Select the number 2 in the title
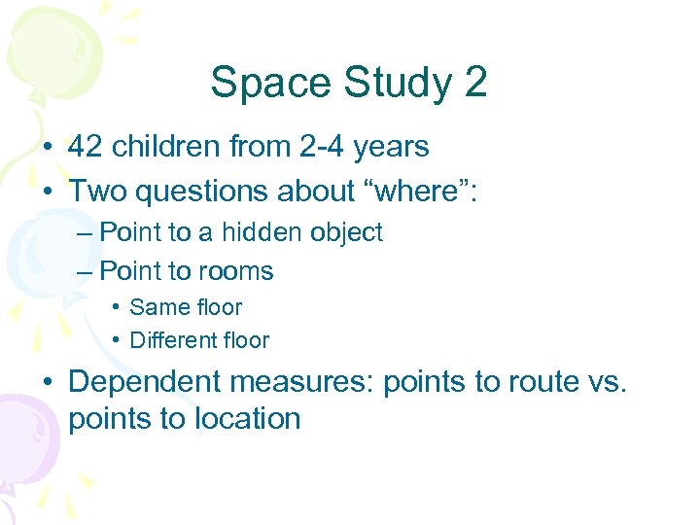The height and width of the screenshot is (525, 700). point(474,83)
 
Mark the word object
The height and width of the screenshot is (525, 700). point(348,233)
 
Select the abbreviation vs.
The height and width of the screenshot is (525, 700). point(609,383)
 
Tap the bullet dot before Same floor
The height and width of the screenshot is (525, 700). point(115,307)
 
